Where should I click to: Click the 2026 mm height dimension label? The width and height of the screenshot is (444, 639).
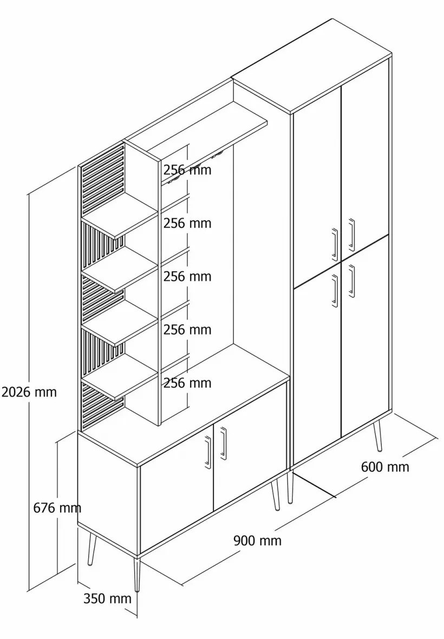click(29, 392)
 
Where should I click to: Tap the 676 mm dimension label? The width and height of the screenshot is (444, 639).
click(57, 508)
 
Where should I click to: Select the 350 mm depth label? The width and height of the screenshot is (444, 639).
click(107, 598)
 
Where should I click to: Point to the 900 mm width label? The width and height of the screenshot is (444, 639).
click(257, 540)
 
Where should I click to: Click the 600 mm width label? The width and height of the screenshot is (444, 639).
click(385, 466)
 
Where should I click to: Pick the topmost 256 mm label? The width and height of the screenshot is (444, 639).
click(187, 169)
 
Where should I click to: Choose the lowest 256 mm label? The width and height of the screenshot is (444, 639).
click(187, 383)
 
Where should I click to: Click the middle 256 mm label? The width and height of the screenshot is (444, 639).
click(187, 276)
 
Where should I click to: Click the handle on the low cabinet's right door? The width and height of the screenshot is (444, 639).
click(223, 443)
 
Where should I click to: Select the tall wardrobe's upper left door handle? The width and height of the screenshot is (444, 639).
click(335, 244)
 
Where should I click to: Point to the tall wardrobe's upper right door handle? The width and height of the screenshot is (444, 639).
click(351, 234)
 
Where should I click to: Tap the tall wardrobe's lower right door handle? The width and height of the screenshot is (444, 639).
click(351, 281)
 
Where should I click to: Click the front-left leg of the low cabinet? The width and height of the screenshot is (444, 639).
click(138, 574)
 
